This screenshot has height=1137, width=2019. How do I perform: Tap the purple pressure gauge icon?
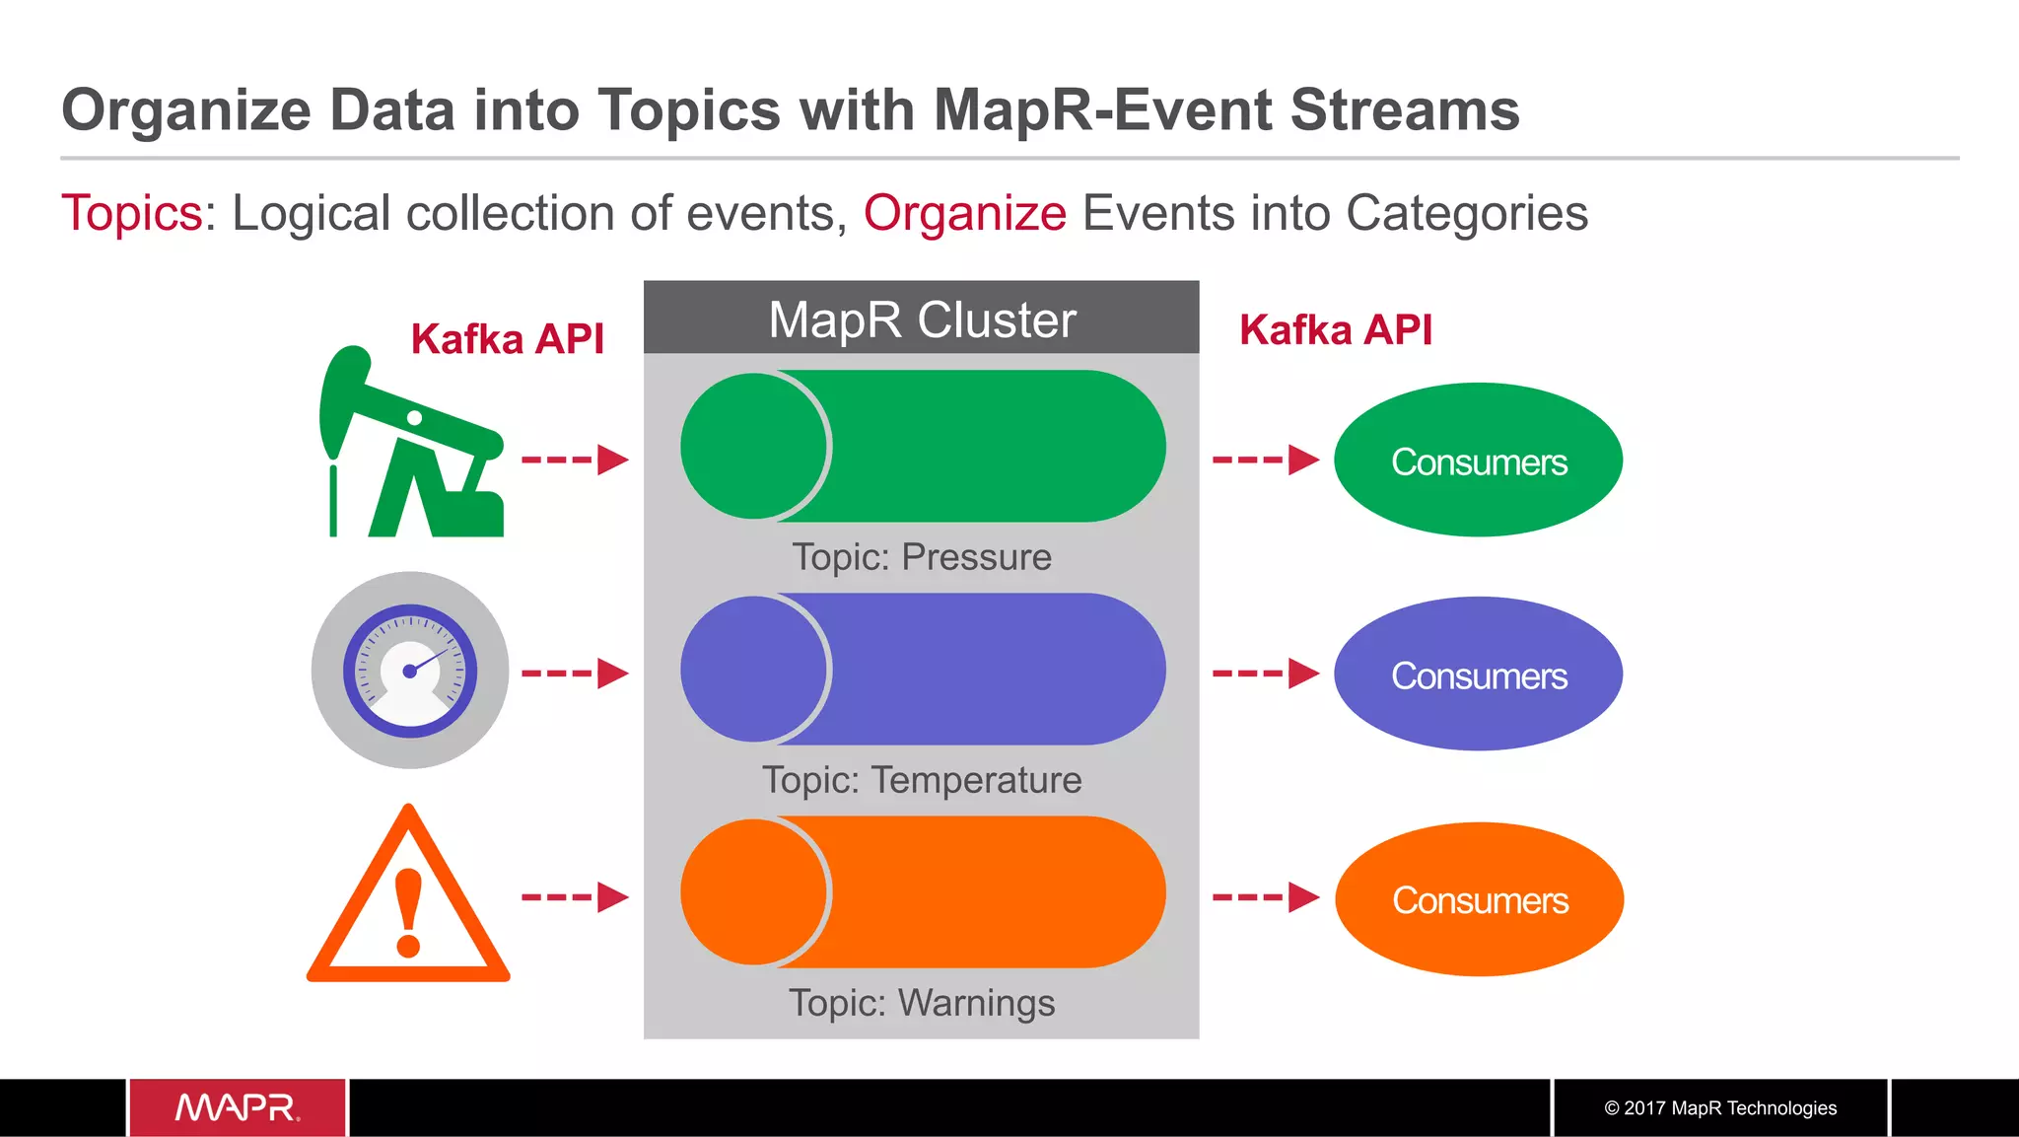click(x=410, y=671)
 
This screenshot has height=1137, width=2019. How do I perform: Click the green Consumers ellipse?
click(x=1478, y=461)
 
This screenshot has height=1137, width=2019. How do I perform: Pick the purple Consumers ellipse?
click(x=1478, y=675)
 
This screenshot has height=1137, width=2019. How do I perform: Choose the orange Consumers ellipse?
click(x=1479, y=899)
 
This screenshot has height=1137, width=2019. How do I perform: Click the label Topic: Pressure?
click(x=922, y=557)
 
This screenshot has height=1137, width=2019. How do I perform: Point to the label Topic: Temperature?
click(x=922, y=780)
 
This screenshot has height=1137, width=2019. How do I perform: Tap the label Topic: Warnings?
click(x=922, y=1003)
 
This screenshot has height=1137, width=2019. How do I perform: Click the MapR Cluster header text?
click(x=922, y=320)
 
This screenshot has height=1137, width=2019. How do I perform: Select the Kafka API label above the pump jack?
click(x=507, y=339)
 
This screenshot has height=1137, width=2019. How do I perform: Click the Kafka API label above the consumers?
click(x=1335, y=330)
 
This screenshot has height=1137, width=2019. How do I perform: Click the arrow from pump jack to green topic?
click(x=575, y=460)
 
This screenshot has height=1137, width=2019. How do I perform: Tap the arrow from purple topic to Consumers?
click(x=1266, y=674)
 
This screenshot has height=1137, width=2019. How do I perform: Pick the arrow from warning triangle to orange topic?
click(x=575, y=897)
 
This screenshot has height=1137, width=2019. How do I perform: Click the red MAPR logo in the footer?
click(x=238, y=1107)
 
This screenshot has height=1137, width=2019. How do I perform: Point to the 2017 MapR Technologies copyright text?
click(x=1720, y=1107)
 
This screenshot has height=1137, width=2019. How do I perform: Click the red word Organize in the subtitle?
click(x=964, y=213)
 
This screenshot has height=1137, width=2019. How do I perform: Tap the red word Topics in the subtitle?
click(x=132, y=213)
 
